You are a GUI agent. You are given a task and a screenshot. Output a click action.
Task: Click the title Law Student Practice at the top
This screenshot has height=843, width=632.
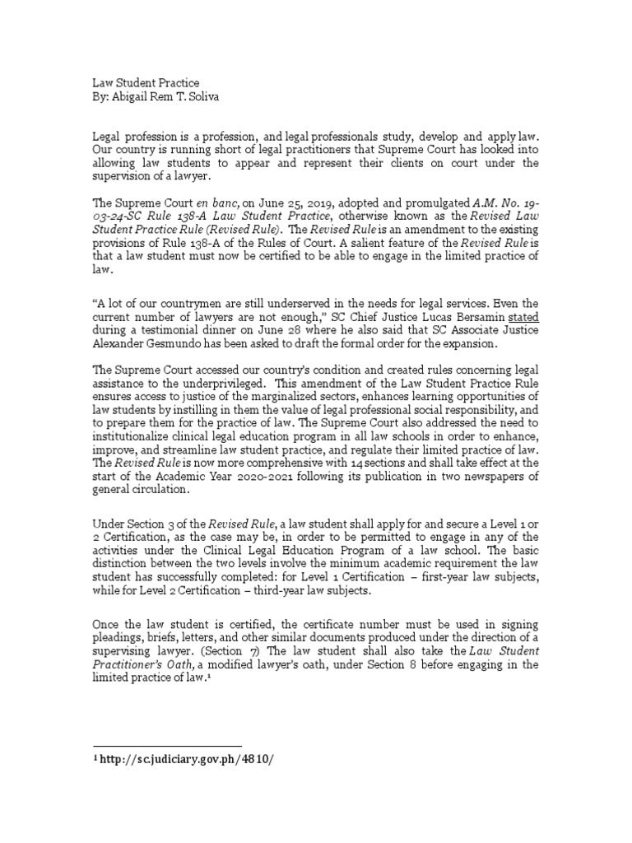[x=145, y=83]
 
